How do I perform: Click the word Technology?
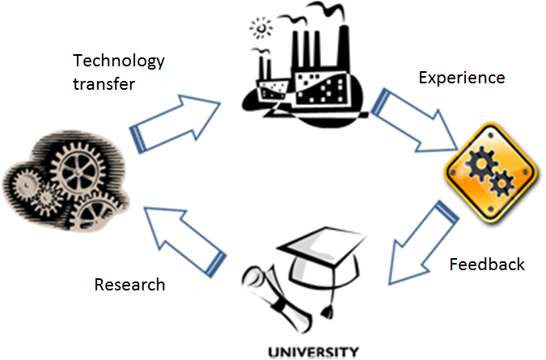click(x=119, y=61)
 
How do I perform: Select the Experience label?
click(x=461, y=78)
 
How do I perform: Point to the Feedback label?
click(x=487, y=265)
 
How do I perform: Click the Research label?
click(x=129, y=285)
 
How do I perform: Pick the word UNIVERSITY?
click(x=311, y=352)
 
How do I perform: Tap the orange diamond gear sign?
click(x=491, y=172)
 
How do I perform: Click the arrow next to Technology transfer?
click(x=176, y=121)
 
